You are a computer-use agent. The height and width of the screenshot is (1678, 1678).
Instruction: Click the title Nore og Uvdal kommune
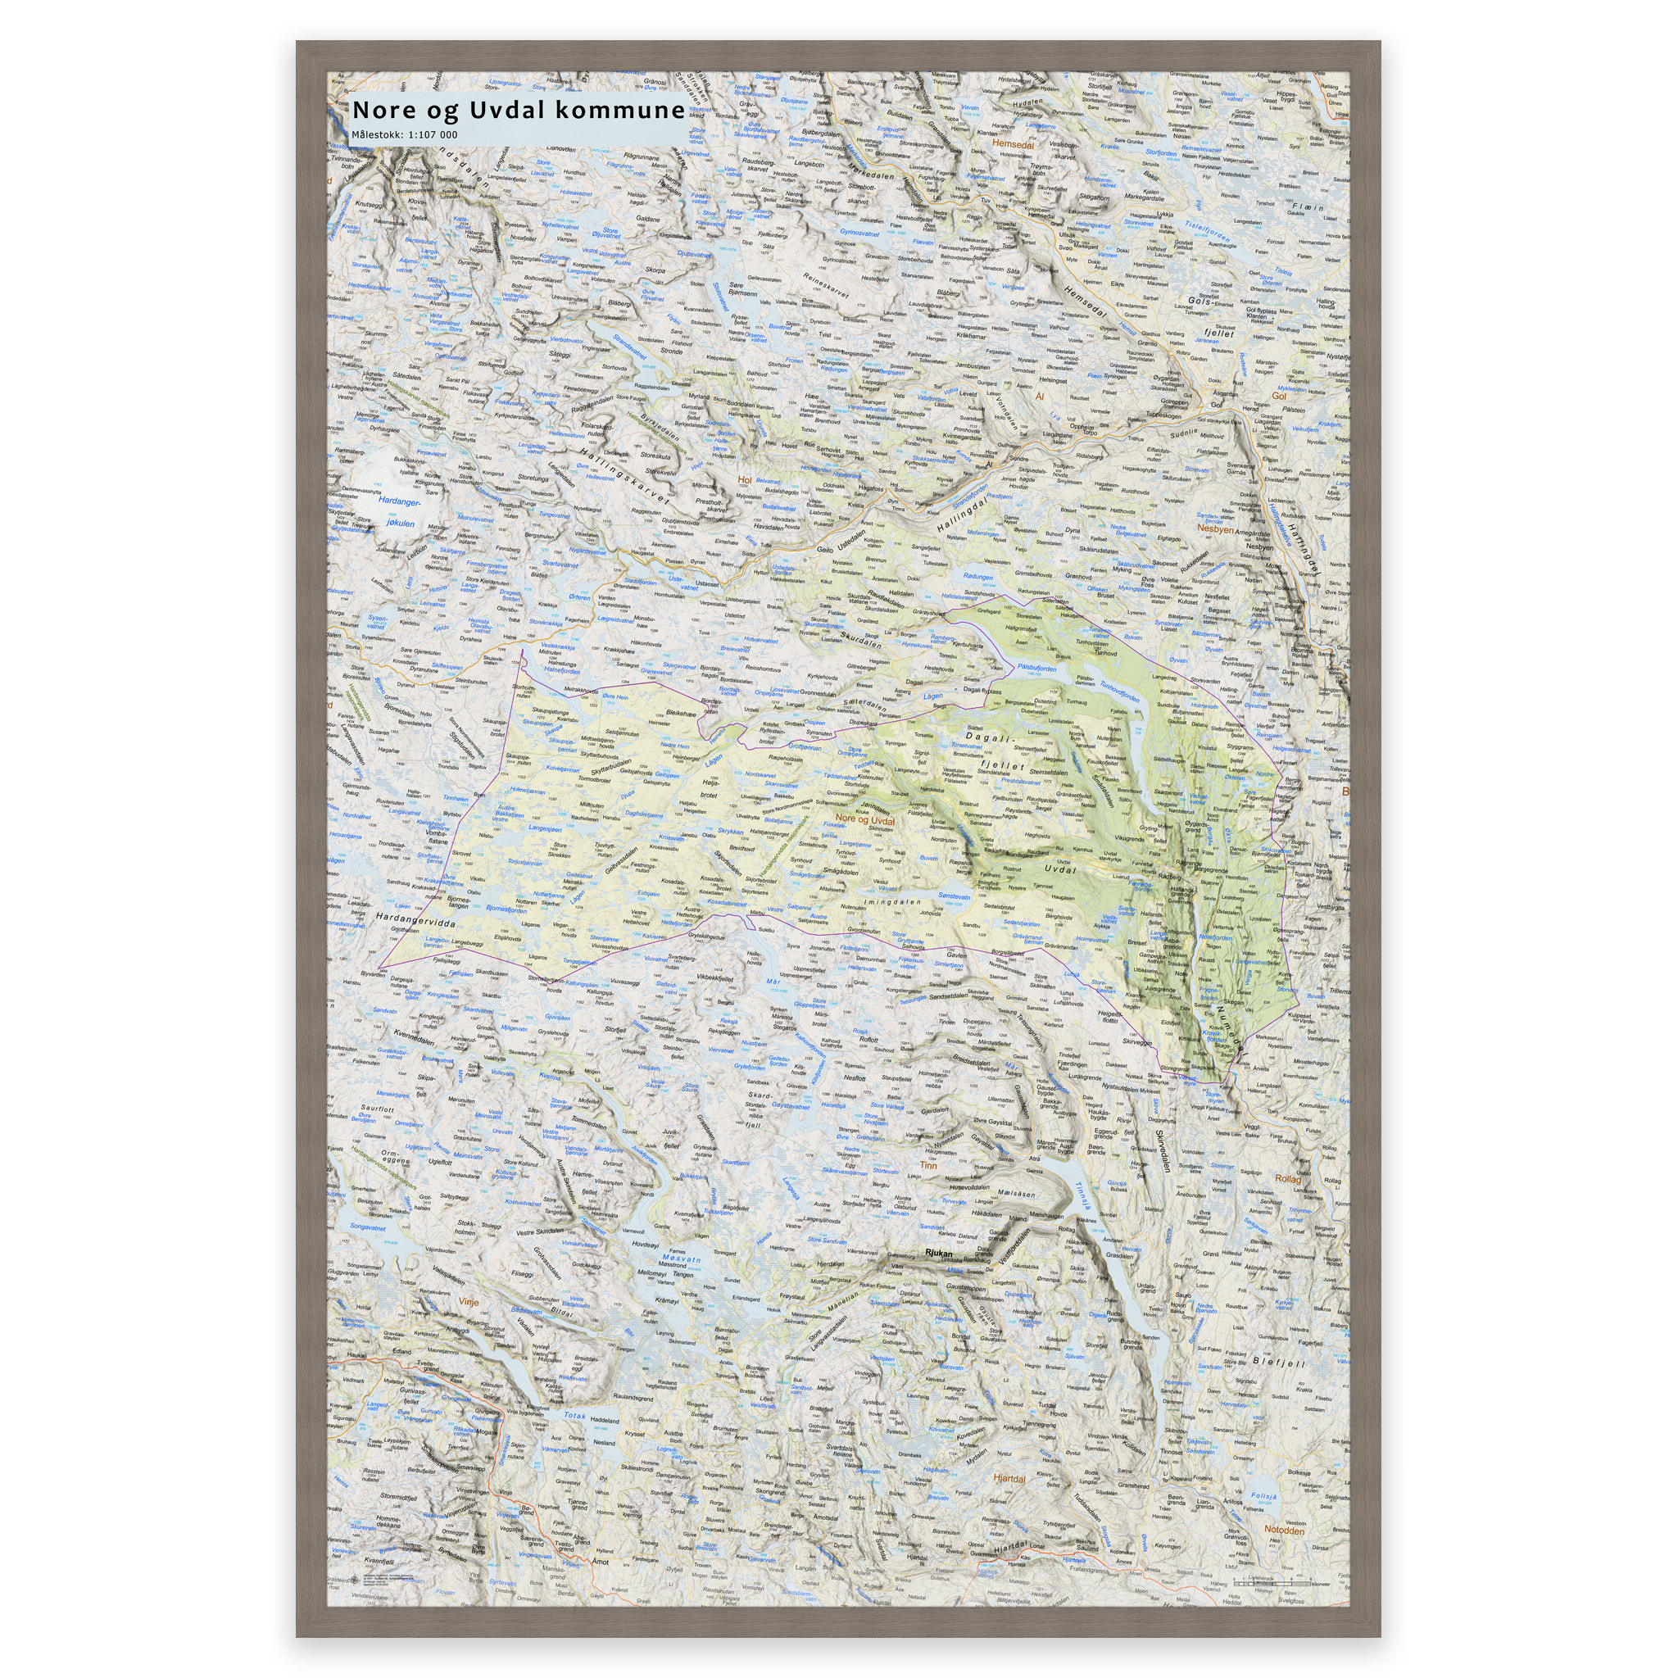click(x=518, y=111)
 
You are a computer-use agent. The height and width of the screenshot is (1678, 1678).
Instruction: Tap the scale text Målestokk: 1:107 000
click(x=404, y=134)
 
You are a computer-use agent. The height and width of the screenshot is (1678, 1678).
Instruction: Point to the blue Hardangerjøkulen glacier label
click(x=399, y=512)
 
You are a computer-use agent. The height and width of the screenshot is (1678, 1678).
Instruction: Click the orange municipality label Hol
click(x=743, y=479)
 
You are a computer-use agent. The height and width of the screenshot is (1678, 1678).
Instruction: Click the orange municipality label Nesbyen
click(x=1215, y=528)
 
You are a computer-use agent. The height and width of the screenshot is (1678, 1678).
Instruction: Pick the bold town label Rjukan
click(x=939, y=1254)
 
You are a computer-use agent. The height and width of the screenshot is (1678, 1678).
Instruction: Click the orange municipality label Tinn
click(x=928, y=1166)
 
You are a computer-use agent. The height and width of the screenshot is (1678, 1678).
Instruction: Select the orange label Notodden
click(x=1285, y=1530)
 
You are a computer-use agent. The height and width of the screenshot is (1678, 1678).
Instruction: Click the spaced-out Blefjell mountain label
click(x=1278, y=1363)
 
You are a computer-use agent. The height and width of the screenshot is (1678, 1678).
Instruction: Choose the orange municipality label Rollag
click(x=1288, y=1178)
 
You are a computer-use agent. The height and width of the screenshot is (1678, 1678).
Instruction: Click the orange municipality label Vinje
click(x=468, y=1302)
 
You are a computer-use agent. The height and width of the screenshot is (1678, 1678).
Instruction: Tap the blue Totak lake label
click(x=575, y=1415)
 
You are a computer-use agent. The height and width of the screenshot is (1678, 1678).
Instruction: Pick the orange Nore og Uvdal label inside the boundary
click(x=865, y=819)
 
